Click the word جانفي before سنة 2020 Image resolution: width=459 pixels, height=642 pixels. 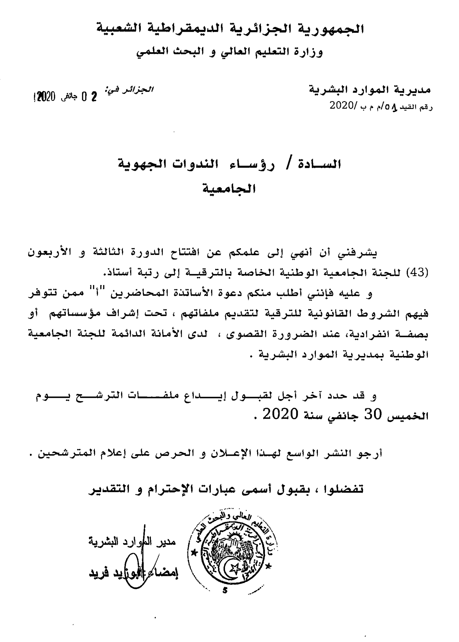[x=343, y=416]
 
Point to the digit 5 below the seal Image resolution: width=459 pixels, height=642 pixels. [x=224, y=591]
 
